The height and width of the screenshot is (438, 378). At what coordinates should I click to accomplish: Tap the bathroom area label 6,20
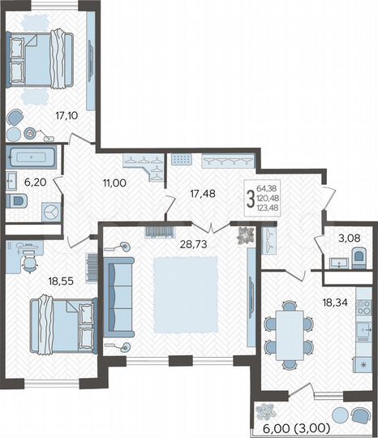35,182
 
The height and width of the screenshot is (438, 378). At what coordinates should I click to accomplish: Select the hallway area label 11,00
114,183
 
